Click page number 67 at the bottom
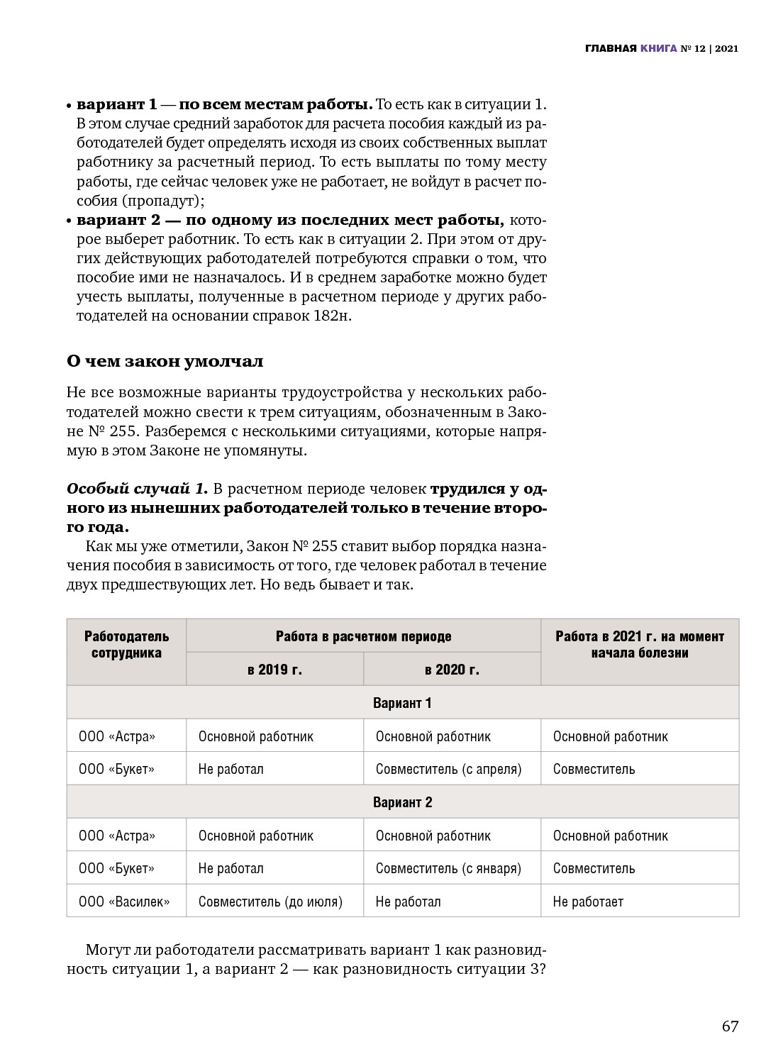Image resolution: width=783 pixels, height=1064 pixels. pos(730,1026)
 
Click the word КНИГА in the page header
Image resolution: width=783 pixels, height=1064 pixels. pos(658,49)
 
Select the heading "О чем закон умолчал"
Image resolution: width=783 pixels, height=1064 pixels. pos(165,361)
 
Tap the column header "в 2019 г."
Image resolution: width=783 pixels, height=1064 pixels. pos(274,669)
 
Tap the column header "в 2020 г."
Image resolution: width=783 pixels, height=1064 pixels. pos(452,669)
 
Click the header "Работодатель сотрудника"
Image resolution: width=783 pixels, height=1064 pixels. pos(126,644)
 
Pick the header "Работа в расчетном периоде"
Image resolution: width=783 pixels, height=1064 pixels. pos(363,636)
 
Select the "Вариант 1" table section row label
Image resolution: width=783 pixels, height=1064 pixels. pos(402,703)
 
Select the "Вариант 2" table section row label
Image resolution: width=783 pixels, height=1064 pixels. pos(402,802)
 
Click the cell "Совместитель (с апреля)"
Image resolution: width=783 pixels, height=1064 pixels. pos(448,769)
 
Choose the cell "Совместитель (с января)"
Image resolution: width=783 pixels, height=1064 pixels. pos(448,868)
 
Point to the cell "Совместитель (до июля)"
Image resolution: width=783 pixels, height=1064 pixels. pos(270,902)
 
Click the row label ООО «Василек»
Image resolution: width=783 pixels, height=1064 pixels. pos(124,902)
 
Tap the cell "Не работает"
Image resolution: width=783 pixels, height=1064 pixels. pos(588,902)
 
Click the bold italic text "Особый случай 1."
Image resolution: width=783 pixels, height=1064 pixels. pos(137,489)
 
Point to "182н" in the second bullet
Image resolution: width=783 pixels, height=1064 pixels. pos(332,316)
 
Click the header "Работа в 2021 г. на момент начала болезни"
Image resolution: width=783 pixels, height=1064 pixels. pos(640,644)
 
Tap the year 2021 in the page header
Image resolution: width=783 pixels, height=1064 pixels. pos(727,49)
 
